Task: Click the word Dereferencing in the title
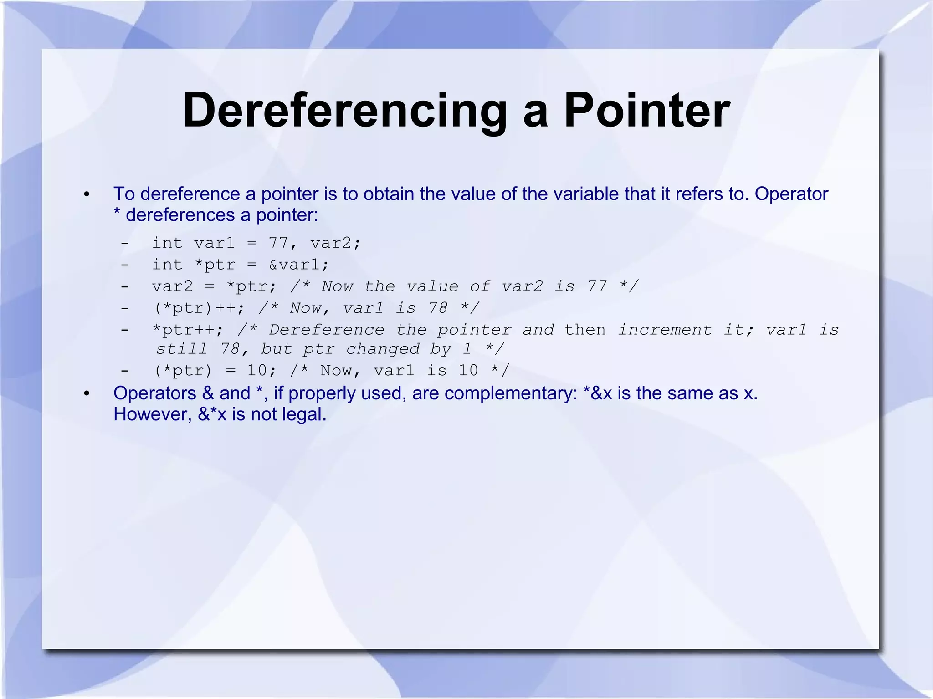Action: click(x=345, y=111)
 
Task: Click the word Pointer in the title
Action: click(x=647, y=111)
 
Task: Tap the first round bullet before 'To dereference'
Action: click(x=87, y=195)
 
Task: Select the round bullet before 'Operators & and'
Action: click(x=87, y=394)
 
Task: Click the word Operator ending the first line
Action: click(x=791, y=194)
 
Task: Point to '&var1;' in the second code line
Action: click(x=298, y=265)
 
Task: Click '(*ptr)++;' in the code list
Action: click(x=199, y=308)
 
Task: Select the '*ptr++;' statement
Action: click(x=188, y=329)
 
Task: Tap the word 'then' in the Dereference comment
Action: click(x=585, y=329)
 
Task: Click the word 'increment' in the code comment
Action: click(x=665, y=329)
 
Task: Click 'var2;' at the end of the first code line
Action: click(x=335, y=243)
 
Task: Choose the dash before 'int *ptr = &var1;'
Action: click(x=124, y=265)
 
